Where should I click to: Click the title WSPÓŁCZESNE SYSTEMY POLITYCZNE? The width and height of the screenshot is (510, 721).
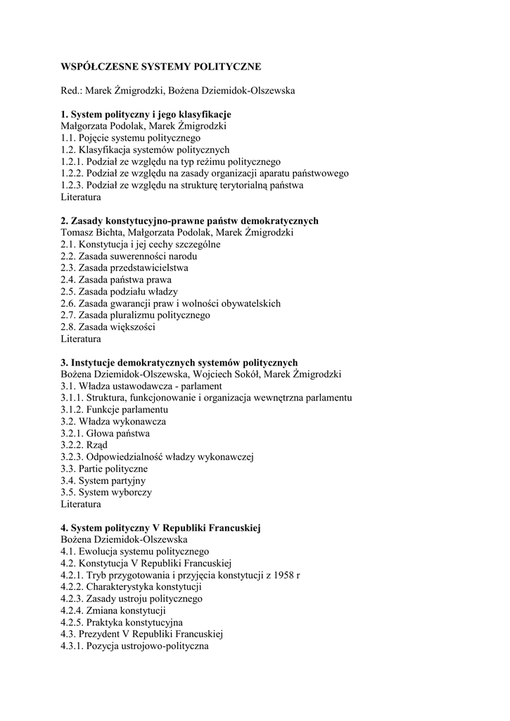coord(160,67)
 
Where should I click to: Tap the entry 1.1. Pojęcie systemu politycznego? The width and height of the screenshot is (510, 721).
coord(130,138)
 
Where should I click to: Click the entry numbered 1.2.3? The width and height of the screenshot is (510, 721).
coord(181,185)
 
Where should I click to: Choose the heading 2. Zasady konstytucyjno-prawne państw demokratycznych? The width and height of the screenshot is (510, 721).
coord(189,220)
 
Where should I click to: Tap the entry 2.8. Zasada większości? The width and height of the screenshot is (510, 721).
coord(108,327)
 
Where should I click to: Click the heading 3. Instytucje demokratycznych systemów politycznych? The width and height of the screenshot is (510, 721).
coord(179,363)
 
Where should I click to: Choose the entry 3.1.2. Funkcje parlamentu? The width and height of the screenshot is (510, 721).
coord(114,410)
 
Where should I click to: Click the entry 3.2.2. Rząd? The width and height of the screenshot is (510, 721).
coord(84,445)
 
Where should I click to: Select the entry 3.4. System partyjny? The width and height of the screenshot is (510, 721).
coord(103,480)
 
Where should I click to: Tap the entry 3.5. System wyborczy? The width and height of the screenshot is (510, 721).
coord(106,492)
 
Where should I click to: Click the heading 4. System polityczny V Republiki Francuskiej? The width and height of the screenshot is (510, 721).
coord(160,528)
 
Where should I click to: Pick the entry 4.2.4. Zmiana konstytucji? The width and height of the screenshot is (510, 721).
coord(113,610)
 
